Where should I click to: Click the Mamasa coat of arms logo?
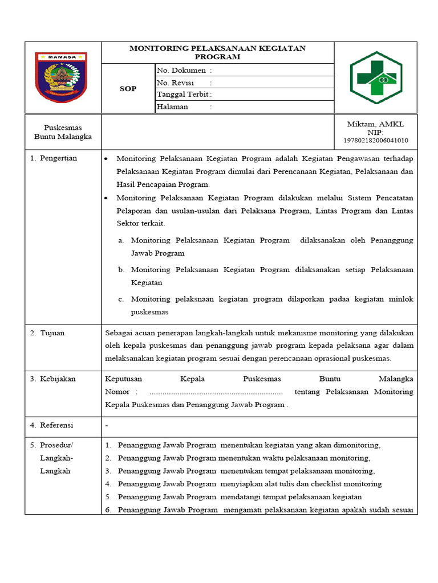point(61,77)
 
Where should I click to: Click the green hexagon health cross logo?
point(375,77)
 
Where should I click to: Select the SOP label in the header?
point(128,89)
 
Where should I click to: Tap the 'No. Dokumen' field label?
point(181,71)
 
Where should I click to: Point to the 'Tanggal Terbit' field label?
point(182,95)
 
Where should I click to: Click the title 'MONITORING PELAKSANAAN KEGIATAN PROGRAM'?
point(217,52)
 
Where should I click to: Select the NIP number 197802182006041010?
point(375,141)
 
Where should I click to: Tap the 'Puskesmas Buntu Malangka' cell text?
point(63,132)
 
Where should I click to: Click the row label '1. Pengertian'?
point(54,158)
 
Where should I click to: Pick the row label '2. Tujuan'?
point(48,333)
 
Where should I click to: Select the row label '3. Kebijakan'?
point(53,379)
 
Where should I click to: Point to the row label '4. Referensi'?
point(52,425)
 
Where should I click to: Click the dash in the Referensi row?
point(107,425)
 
